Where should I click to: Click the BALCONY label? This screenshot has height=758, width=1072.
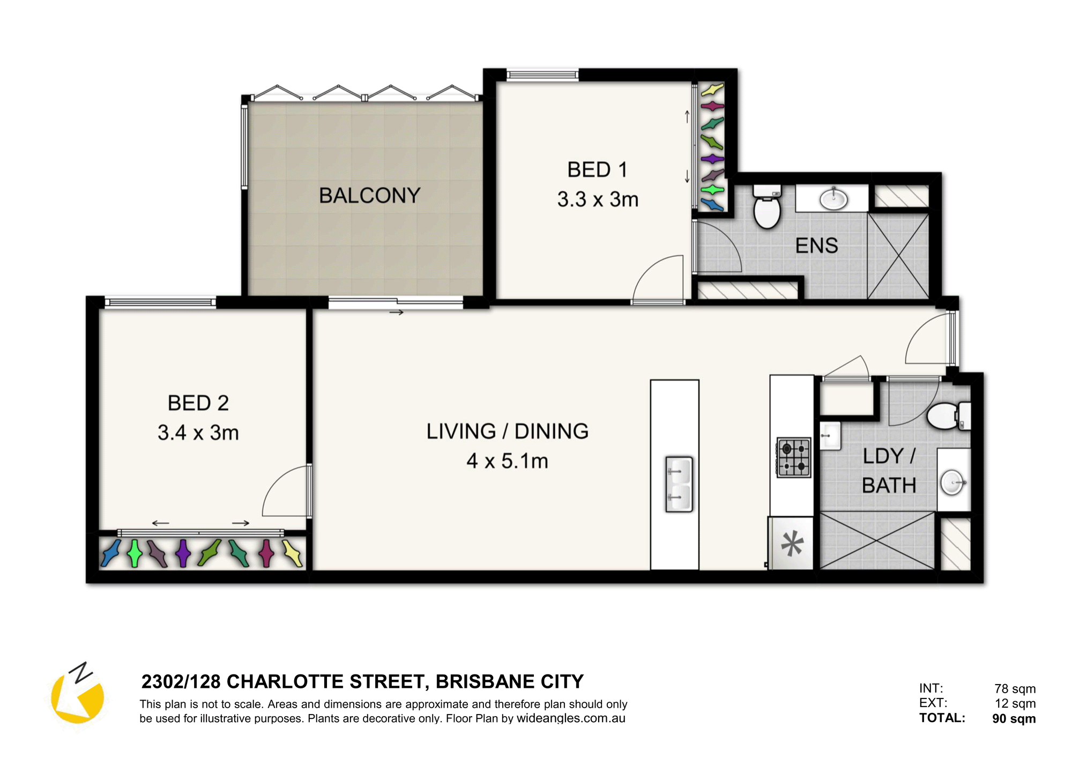point(369,196)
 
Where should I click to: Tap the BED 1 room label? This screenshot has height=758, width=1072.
point(597,170)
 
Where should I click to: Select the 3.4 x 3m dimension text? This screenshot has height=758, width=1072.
point(198,433)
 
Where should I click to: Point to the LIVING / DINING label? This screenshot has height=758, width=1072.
point(507,432)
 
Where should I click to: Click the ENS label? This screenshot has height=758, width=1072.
point(816,246)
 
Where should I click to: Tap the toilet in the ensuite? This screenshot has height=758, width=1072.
point(767,206)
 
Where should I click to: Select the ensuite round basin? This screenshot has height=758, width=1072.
point(833,199)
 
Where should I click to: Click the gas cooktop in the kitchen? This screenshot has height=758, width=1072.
point(794,457)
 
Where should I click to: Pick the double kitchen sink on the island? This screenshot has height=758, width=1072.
point(679,484)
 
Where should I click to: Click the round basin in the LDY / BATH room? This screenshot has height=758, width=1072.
point(953,482)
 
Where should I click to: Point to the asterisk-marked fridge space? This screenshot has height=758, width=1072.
point(791,543)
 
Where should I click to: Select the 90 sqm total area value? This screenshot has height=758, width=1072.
point(1014,718)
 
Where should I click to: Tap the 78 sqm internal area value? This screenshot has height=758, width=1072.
point(1015,689)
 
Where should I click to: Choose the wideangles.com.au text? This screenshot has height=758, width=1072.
point(571,718)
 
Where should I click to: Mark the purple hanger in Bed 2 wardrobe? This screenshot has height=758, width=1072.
point(183,553)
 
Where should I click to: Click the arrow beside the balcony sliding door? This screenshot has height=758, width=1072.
point(396,313)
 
